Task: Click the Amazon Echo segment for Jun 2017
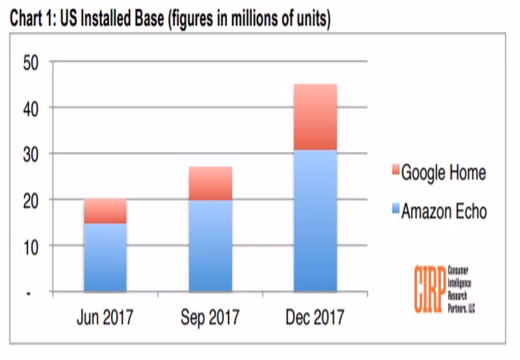[x=106, y=257]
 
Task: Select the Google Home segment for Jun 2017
[x=106, y=211]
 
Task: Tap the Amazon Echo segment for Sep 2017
[x=210, y=245]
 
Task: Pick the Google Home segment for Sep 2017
[x=210, y=183]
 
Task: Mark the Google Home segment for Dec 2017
[x=314, y=117]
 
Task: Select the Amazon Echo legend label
[x=443, y=211]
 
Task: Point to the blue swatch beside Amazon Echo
[x=394, y=211]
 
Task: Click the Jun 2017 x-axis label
[x=106, y=318]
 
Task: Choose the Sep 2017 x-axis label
[x=210, y=318]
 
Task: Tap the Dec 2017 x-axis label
[x=314, y=318]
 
